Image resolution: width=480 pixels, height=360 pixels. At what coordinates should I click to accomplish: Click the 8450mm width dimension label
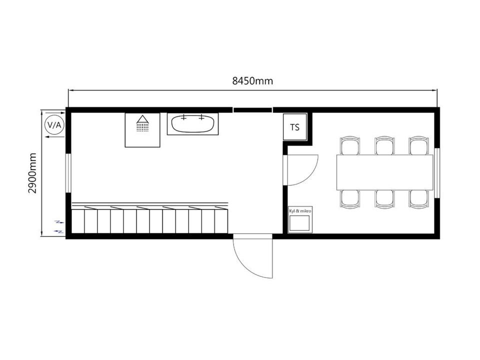tap(252, 81)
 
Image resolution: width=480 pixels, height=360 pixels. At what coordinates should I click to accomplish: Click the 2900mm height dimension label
tap(32, 173)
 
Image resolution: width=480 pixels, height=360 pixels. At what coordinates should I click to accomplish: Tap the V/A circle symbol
tap(54, 125)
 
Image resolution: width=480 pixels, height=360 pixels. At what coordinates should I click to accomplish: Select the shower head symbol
tap(142, 123)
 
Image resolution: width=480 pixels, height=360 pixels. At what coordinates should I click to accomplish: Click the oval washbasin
tap(192, 123)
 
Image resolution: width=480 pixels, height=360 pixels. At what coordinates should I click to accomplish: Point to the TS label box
tap(295, 127)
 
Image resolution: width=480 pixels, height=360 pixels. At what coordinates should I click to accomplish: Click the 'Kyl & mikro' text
tap(300, 211)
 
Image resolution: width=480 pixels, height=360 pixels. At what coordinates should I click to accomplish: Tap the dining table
tap(385, 172)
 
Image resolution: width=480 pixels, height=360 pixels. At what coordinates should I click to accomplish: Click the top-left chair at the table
tap(349, 145)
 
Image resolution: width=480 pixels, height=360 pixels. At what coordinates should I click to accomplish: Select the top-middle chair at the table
tap(384, 145)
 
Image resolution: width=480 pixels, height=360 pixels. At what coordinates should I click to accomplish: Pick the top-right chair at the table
tap(419, 145)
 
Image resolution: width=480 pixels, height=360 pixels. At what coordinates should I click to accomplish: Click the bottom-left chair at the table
tap(349, 199)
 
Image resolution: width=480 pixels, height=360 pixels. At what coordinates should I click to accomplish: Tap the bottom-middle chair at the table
tap(384, 199)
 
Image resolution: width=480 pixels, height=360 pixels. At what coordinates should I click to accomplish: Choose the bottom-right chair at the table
tap(419, 199)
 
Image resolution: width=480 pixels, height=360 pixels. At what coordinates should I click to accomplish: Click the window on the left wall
tap(68, 173)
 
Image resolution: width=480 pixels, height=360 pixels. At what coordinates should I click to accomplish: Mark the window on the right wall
tap(437, 173)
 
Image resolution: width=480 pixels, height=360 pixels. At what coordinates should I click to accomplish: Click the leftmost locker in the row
tap(78, 221)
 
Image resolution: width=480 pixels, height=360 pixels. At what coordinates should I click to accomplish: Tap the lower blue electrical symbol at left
tap(59, 231)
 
